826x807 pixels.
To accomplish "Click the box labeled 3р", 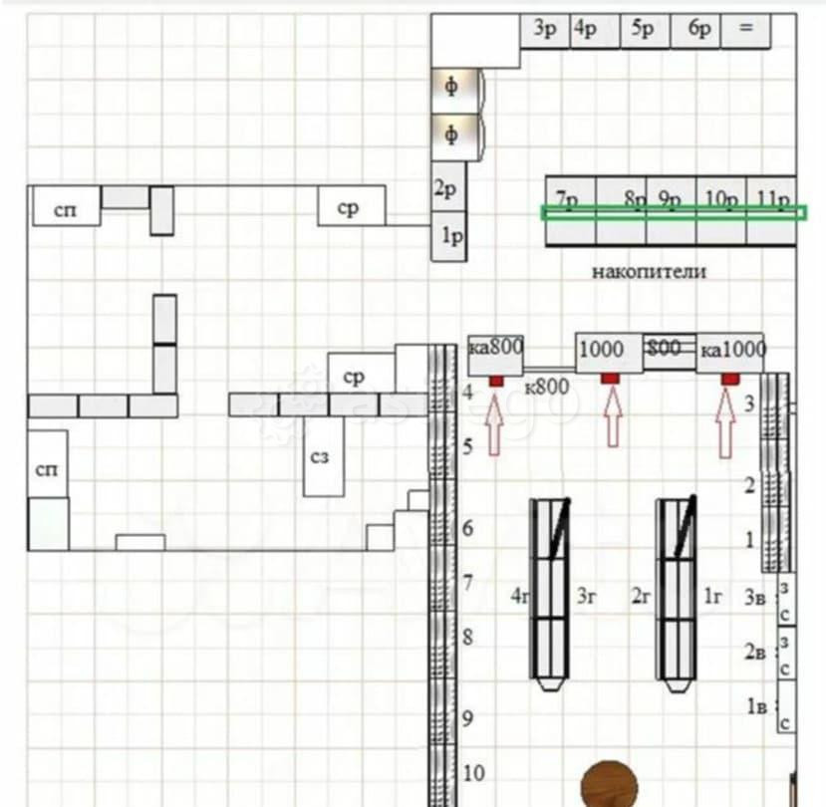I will [545, 30].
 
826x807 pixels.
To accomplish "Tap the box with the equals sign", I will [746, 30].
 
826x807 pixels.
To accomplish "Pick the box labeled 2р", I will [448, 189].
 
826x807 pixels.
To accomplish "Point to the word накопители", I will [649, 271].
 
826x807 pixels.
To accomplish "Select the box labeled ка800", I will [495, 351].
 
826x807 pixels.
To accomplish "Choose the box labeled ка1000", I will [730, 351].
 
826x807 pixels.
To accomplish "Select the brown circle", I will [609, 785].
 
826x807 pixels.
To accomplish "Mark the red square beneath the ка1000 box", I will [730, 379].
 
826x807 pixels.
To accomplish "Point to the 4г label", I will [519, 598].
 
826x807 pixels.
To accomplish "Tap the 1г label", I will [713, 598].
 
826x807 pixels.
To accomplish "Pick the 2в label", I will [755, 653].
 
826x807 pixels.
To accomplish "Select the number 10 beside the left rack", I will [474, 772].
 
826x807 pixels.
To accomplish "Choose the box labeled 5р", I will [644, 30].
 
